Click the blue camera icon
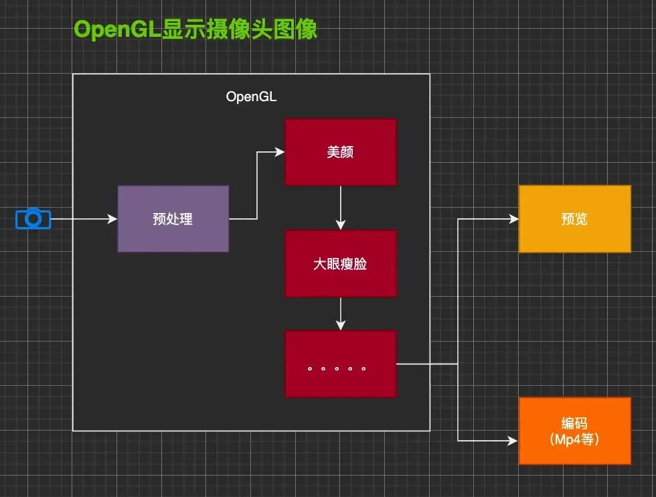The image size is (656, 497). pyautogui.click(x=33, y=219)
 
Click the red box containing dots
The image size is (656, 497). pyautogui.click(x=340, y=364)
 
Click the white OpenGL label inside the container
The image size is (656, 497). pyautogui.click(x=251, y=96)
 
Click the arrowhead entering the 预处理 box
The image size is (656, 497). pyautogui.click(x=112, y=219)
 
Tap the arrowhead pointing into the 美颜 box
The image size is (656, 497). pyautogui.click(x=280, y=152)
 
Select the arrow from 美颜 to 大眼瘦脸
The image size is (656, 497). pyautogui.click(x=341, y=208)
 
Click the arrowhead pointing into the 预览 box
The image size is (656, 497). pyautogui.click(x=513, y=219)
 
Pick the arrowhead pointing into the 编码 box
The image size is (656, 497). pyautogui.click(x=513, y=441)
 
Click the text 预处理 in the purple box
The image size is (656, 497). pyautogui.click(x=173, y=219)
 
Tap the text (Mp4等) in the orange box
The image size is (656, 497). pyautogui.click(x=574, y=440)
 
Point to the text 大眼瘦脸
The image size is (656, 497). pyautogui.click(x=340, y=264)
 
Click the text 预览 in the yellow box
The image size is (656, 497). pyautogui.click(x=574, y=219)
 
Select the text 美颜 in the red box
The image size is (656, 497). pyautogui.click(x=340, y=153)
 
